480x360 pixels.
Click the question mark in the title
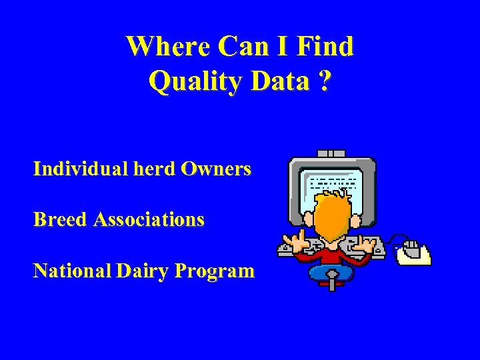click(325, 82)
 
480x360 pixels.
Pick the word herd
click(153, 169)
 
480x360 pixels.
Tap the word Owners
click(215, 169)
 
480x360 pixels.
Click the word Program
click(215, 271)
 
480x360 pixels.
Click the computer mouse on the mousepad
click(411, 250)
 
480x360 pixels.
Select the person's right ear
click(356, 220)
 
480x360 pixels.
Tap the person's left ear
click(309, 220)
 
